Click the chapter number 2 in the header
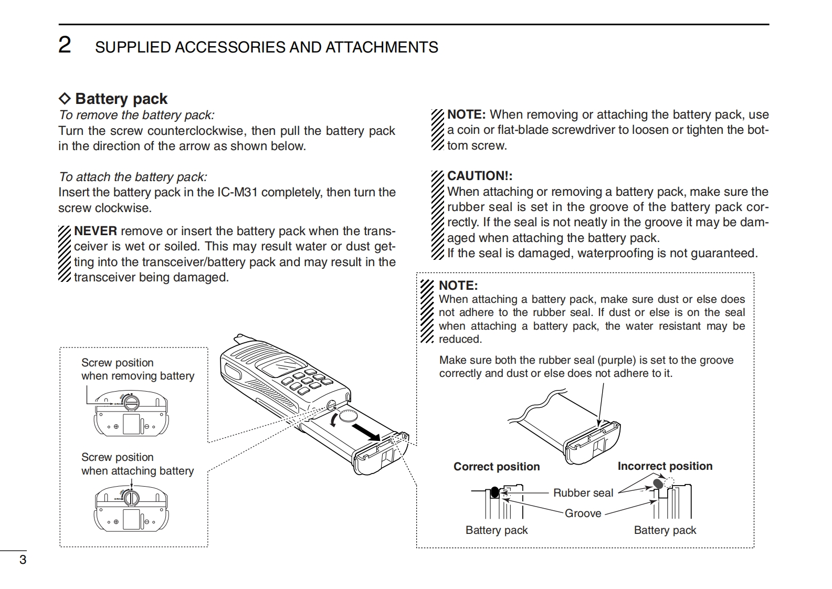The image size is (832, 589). tap(65, 45)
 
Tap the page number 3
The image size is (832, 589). tap(23, 560)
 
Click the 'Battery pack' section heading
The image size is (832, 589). tap(121, 99)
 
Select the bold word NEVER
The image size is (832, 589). tap(96, 231)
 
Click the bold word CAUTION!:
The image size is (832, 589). tap(479, 176)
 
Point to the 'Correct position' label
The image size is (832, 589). tap(496, 467)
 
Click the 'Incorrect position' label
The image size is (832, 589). tap(665, 466)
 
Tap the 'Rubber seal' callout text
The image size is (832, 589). tap(583, 492)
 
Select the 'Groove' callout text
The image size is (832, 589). tap(583, 513)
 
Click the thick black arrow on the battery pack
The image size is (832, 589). tap(366, 432)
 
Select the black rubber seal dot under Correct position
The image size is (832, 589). tap(494, 492)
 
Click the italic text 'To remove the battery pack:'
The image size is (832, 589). tap(136, 115)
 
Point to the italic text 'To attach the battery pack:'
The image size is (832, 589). tap(133, 177)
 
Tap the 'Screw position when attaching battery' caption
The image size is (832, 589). tap(137, 464)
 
